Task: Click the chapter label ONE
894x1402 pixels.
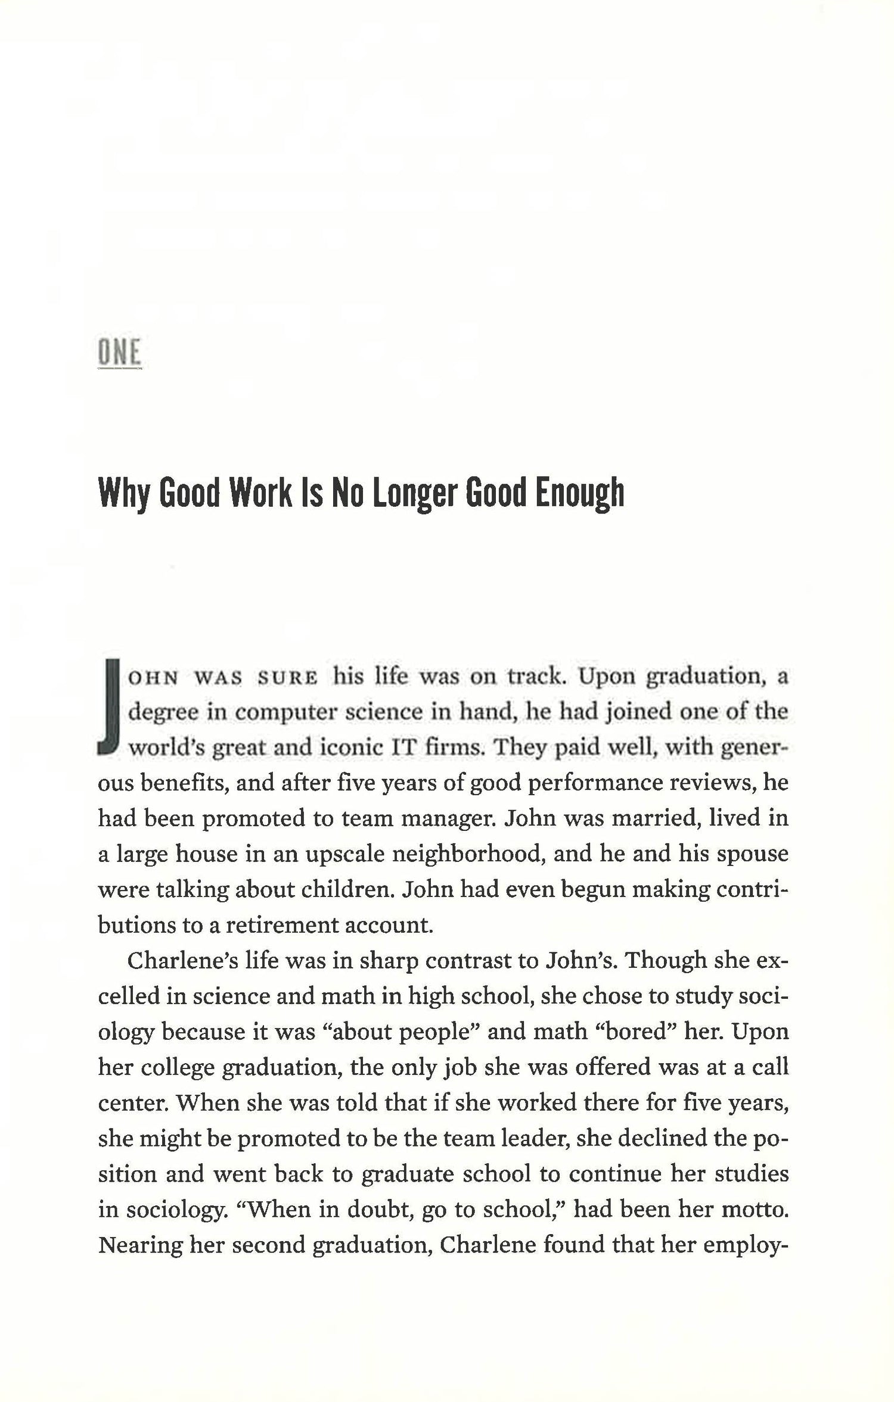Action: coord(119,353)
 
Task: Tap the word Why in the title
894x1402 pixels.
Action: coord(122,494)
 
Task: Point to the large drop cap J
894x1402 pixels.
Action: coord(110,706)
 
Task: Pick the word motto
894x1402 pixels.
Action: coord(755,1209)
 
